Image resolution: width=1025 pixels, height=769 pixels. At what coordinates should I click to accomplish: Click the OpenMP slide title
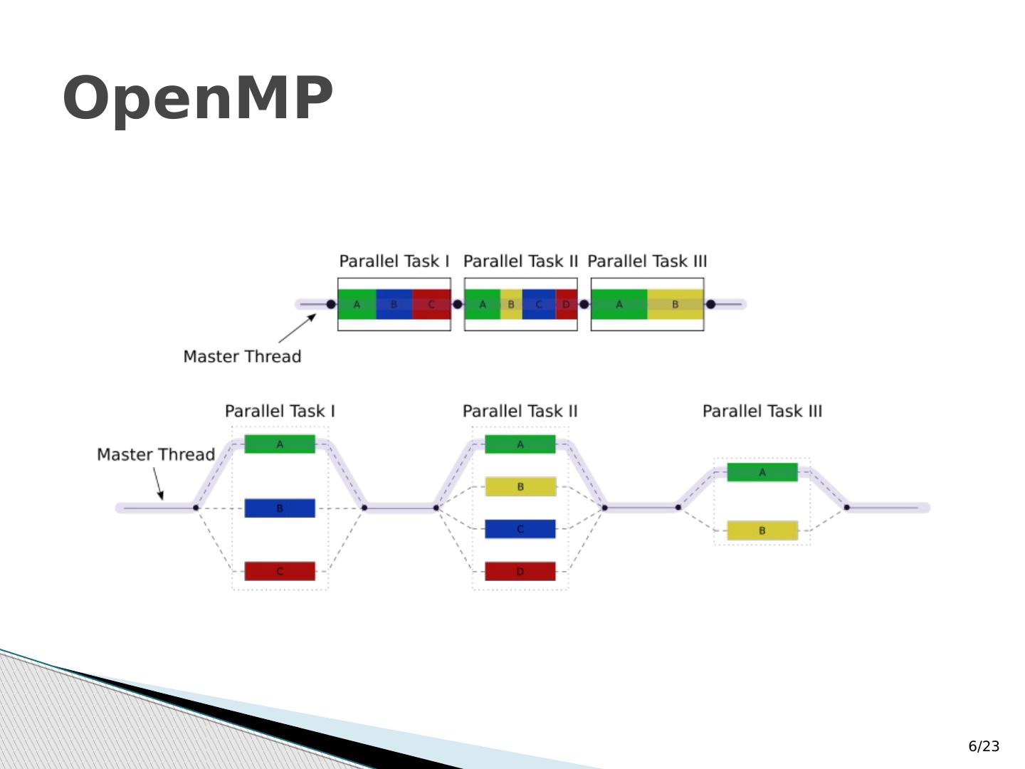coord(198,98)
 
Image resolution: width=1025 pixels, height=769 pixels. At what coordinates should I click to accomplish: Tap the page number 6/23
coord(984,746)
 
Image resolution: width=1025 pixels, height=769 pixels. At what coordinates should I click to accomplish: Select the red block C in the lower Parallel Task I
coord(280,571)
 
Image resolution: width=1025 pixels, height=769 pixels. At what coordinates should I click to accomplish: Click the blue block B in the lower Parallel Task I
coord(280,508)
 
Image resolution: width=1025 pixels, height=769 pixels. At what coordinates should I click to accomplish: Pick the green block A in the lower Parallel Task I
coord(280,444)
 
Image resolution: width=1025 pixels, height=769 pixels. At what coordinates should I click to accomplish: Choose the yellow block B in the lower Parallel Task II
coord(520,487)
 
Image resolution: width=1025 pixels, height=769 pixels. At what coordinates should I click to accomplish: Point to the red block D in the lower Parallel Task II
coord(520,571)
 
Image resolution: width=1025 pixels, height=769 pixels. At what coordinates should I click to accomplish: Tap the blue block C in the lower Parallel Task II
coord(520,529)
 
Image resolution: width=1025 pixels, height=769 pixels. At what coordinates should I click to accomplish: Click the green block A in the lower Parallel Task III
coord(762,472)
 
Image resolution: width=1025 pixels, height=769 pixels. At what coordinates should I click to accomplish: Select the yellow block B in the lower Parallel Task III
coord(762,530)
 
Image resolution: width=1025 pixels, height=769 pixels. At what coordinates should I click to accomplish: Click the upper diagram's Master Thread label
coord(242,357)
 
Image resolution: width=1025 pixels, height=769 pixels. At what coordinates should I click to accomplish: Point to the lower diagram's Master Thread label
coord(156,454)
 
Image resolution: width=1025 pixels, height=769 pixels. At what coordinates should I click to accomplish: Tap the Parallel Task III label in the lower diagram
coord(762,412)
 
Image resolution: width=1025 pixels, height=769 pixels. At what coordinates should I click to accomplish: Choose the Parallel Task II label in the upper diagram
coord(520,261)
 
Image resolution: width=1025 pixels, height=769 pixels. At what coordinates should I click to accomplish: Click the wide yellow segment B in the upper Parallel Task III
coord(676,305)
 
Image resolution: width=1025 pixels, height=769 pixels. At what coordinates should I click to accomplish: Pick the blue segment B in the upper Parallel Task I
coord(394,305)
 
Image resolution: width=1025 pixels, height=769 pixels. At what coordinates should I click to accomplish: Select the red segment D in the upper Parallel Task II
coord(567,305)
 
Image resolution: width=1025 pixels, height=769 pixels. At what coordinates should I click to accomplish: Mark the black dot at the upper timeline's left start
coord(331,305)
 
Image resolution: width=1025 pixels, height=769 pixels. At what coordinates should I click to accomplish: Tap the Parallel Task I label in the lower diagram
coord(280,412)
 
